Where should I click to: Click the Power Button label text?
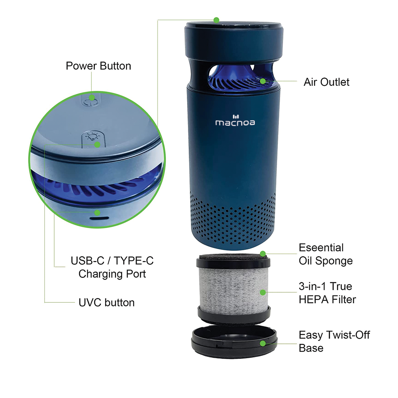pos(98,66)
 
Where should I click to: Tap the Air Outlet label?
pos(327,82)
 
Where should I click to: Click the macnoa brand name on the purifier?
pos(235,123)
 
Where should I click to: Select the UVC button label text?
pos(107,303)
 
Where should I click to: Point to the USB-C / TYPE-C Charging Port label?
pos(112,267)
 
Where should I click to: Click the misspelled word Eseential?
pos(321,248)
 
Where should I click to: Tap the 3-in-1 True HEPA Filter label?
pos(328,293)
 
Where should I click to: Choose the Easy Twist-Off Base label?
pos(334,341)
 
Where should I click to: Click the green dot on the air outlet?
pos(263,81)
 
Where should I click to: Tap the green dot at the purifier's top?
pos(216,20)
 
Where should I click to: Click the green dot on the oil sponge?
pos(263,254)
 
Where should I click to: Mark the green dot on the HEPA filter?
pos(263,292)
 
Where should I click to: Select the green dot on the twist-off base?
pos(263,344)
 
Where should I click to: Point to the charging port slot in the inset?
pos(99,218)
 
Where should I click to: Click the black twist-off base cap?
pos(234,341)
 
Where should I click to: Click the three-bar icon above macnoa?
pos(236,116)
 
